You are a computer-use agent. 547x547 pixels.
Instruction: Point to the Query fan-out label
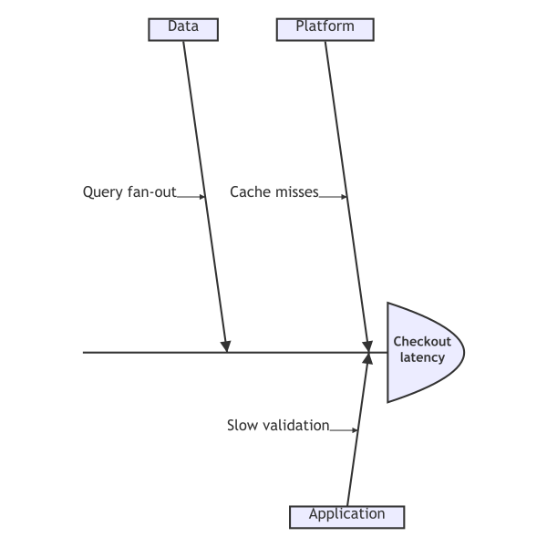[x=129, y=192]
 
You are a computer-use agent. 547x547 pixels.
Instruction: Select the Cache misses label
[x=273, y=192]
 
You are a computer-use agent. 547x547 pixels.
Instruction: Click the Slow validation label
[x=277, y=425]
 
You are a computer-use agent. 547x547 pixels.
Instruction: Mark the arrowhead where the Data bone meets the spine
[x=226, y=346]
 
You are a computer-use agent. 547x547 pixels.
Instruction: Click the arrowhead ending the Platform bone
[x=368, y=346]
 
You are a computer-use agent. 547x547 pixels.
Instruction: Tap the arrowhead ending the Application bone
[x=368, y=358]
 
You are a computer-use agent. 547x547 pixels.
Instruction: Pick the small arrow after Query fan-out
[x=201, y=196]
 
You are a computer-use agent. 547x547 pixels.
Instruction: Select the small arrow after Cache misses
[x=344, y=196]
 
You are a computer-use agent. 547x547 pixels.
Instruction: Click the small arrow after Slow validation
[x=353, y=428]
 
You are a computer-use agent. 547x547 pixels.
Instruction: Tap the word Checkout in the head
[x=422, y=342]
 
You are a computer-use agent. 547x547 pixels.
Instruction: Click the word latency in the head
[x=422, y=357]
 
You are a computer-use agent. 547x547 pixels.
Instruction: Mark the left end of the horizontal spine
[x=85, y=352]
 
